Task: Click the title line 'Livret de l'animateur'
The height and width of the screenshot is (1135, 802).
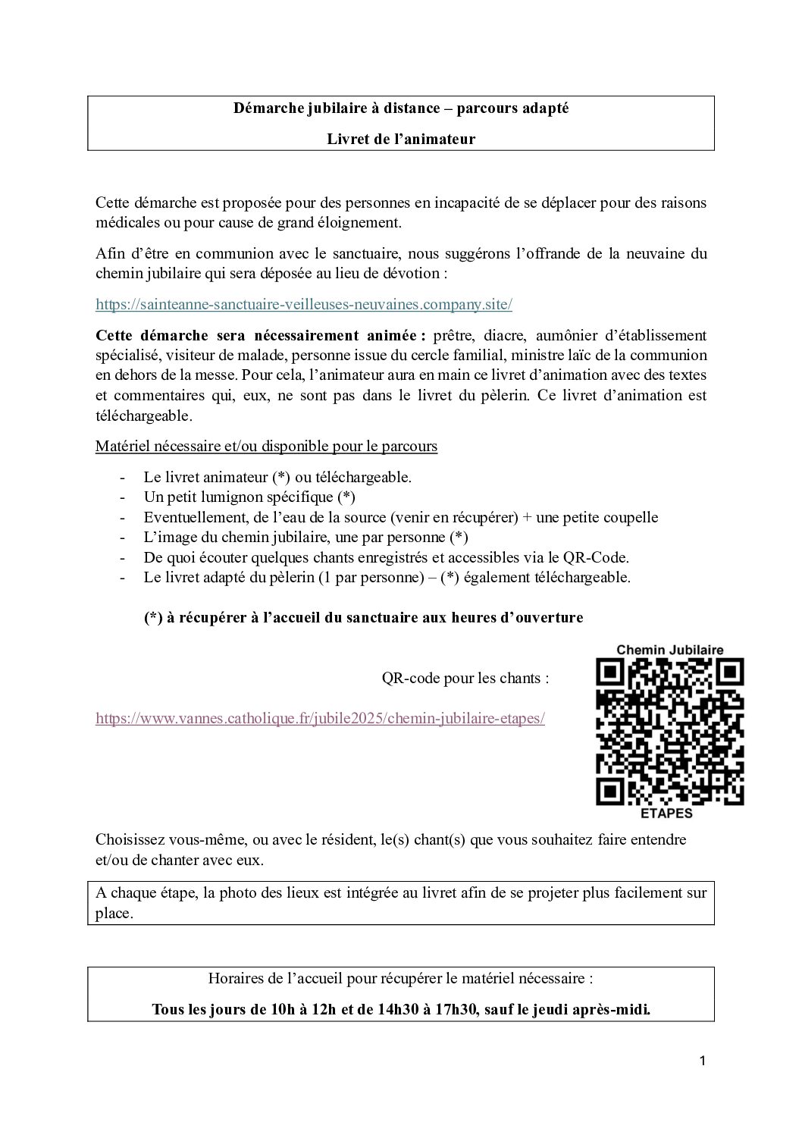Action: click(401, 139)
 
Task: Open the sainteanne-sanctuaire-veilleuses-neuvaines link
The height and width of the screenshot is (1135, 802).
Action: click(304, 305)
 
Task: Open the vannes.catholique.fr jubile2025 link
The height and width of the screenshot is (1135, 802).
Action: click(320, 719)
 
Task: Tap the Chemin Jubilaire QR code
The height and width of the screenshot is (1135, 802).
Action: click(670, 731)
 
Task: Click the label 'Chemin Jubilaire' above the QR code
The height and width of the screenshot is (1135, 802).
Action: click(670, 650)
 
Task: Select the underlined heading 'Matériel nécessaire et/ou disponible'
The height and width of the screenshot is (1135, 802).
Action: click(266, 447)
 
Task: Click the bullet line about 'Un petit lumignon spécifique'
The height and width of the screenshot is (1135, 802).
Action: click(249, 497)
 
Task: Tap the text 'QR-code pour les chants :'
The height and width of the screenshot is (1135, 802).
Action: click(465, 678)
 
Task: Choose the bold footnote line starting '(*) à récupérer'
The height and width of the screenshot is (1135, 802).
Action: click(363, 617)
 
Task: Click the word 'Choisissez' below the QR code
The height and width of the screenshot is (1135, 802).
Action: click(131, 840)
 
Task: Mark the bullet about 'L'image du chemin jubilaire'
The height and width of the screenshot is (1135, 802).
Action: click(305, 538)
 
